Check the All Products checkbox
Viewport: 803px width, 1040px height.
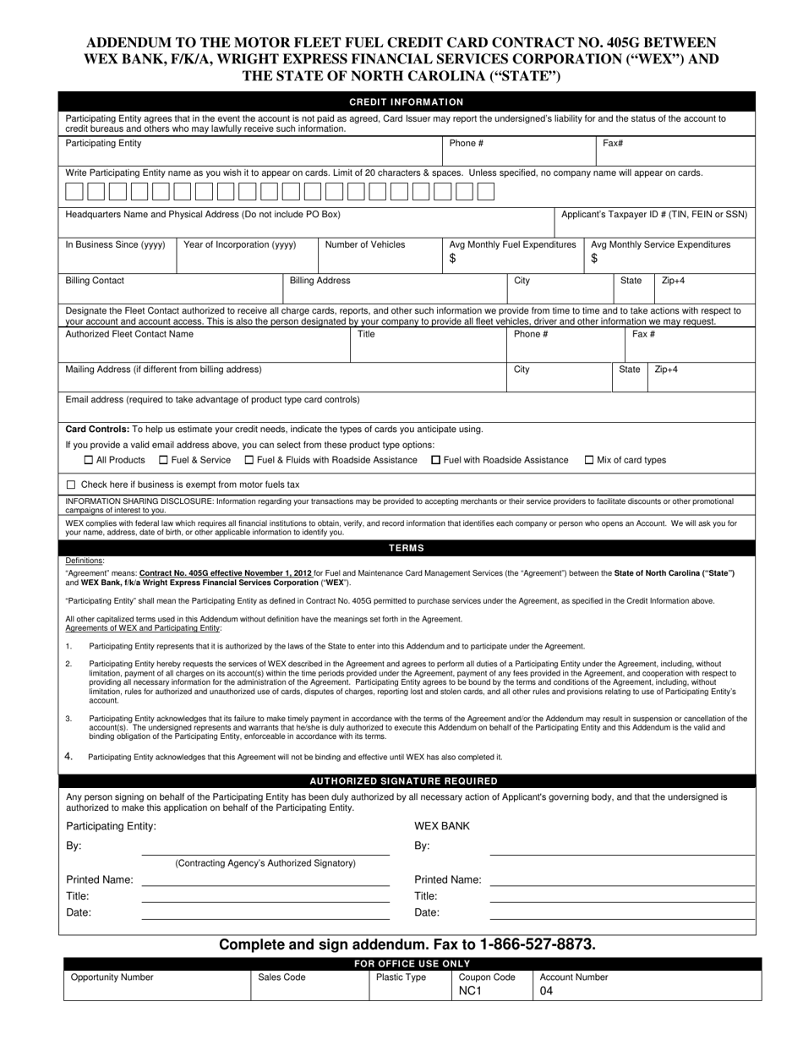point(89,460)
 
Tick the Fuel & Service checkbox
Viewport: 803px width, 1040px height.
point(163,460)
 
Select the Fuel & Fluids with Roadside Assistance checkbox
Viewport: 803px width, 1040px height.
point(249,460)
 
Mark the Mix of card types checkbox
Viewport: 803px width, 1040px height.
point(589,460)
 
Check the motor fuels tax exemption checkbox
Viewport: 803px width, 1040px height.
point(71,484)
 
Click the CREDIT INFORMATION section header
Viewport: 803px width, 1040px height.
point(407,101)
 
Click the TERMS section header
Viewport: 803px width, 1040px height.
point(407,548)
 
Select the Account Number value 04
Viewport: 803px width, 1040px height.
point(546,991)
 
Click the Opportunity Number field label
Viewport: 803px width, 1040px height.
point(112,977)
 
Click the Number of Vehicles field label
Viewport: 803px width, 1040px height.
point(365,244)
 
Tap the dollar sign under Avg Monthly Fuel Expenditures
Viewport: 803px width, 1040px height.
point(452,259)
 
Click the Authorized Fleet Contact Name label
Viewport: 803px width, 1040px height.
point(129,334)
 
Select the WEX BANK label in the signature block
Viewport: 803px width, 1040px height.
point(441,825)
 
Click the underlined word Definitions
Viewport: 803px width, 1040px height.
point(85,561)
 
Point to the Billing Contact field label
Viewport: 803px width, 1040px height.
point(95,280)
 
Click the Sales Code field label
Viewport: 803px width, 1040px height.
point(281,977)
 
